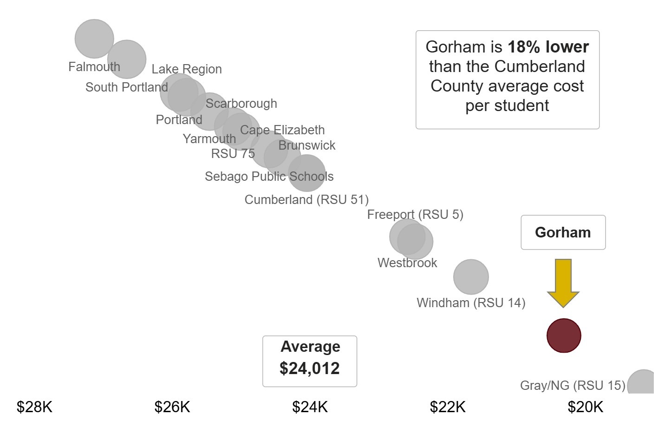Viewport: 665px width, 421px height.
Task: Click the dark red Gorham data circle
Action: pos(564,335)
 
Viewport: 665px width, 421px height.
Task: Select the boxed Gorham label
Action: pos(563,232)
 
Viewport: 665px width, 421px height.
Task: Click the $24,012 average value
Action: pos(310,368)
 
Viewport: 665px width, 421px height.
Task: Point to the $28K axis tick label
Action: pos(35,407)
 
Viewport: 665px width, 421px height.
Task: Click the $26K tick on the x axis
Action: pos(172,407)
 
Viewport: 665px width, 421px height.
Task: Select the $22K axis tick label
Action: pos(448,407)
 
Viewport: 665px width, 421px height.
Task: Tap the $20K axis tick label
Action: pos(585,407)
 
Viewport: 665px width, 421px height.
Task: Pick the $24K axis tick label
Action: pos(310,407)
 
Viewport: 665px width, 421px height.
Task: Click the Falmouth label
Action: pos(94,67)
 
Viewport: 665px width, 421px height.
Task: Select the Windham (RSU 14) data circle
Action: pos(471,277)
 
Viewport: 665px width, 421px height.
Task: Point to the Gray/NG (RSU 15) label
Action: pos(573,386)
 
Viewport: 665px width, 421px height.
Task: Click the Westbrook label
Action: pos(407,263)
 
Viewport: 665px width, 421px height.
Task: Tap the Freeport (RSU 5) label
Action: pos(415,215)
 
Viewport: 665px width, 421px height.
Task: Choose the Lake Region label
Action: pos(187,69)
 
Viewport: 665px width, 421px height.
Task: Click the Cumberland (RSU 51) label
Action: pos(306,200)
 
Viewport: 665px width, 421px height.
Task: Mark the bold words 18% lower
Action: pos(548,47)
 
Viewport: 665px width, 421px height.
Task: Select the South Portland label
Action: pos(127,87)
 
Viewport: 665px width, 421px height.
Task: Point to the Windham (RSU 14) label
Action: pos(471,303)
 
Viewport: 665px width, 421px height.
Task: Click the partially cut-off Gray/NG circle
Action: pos(642,383)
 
